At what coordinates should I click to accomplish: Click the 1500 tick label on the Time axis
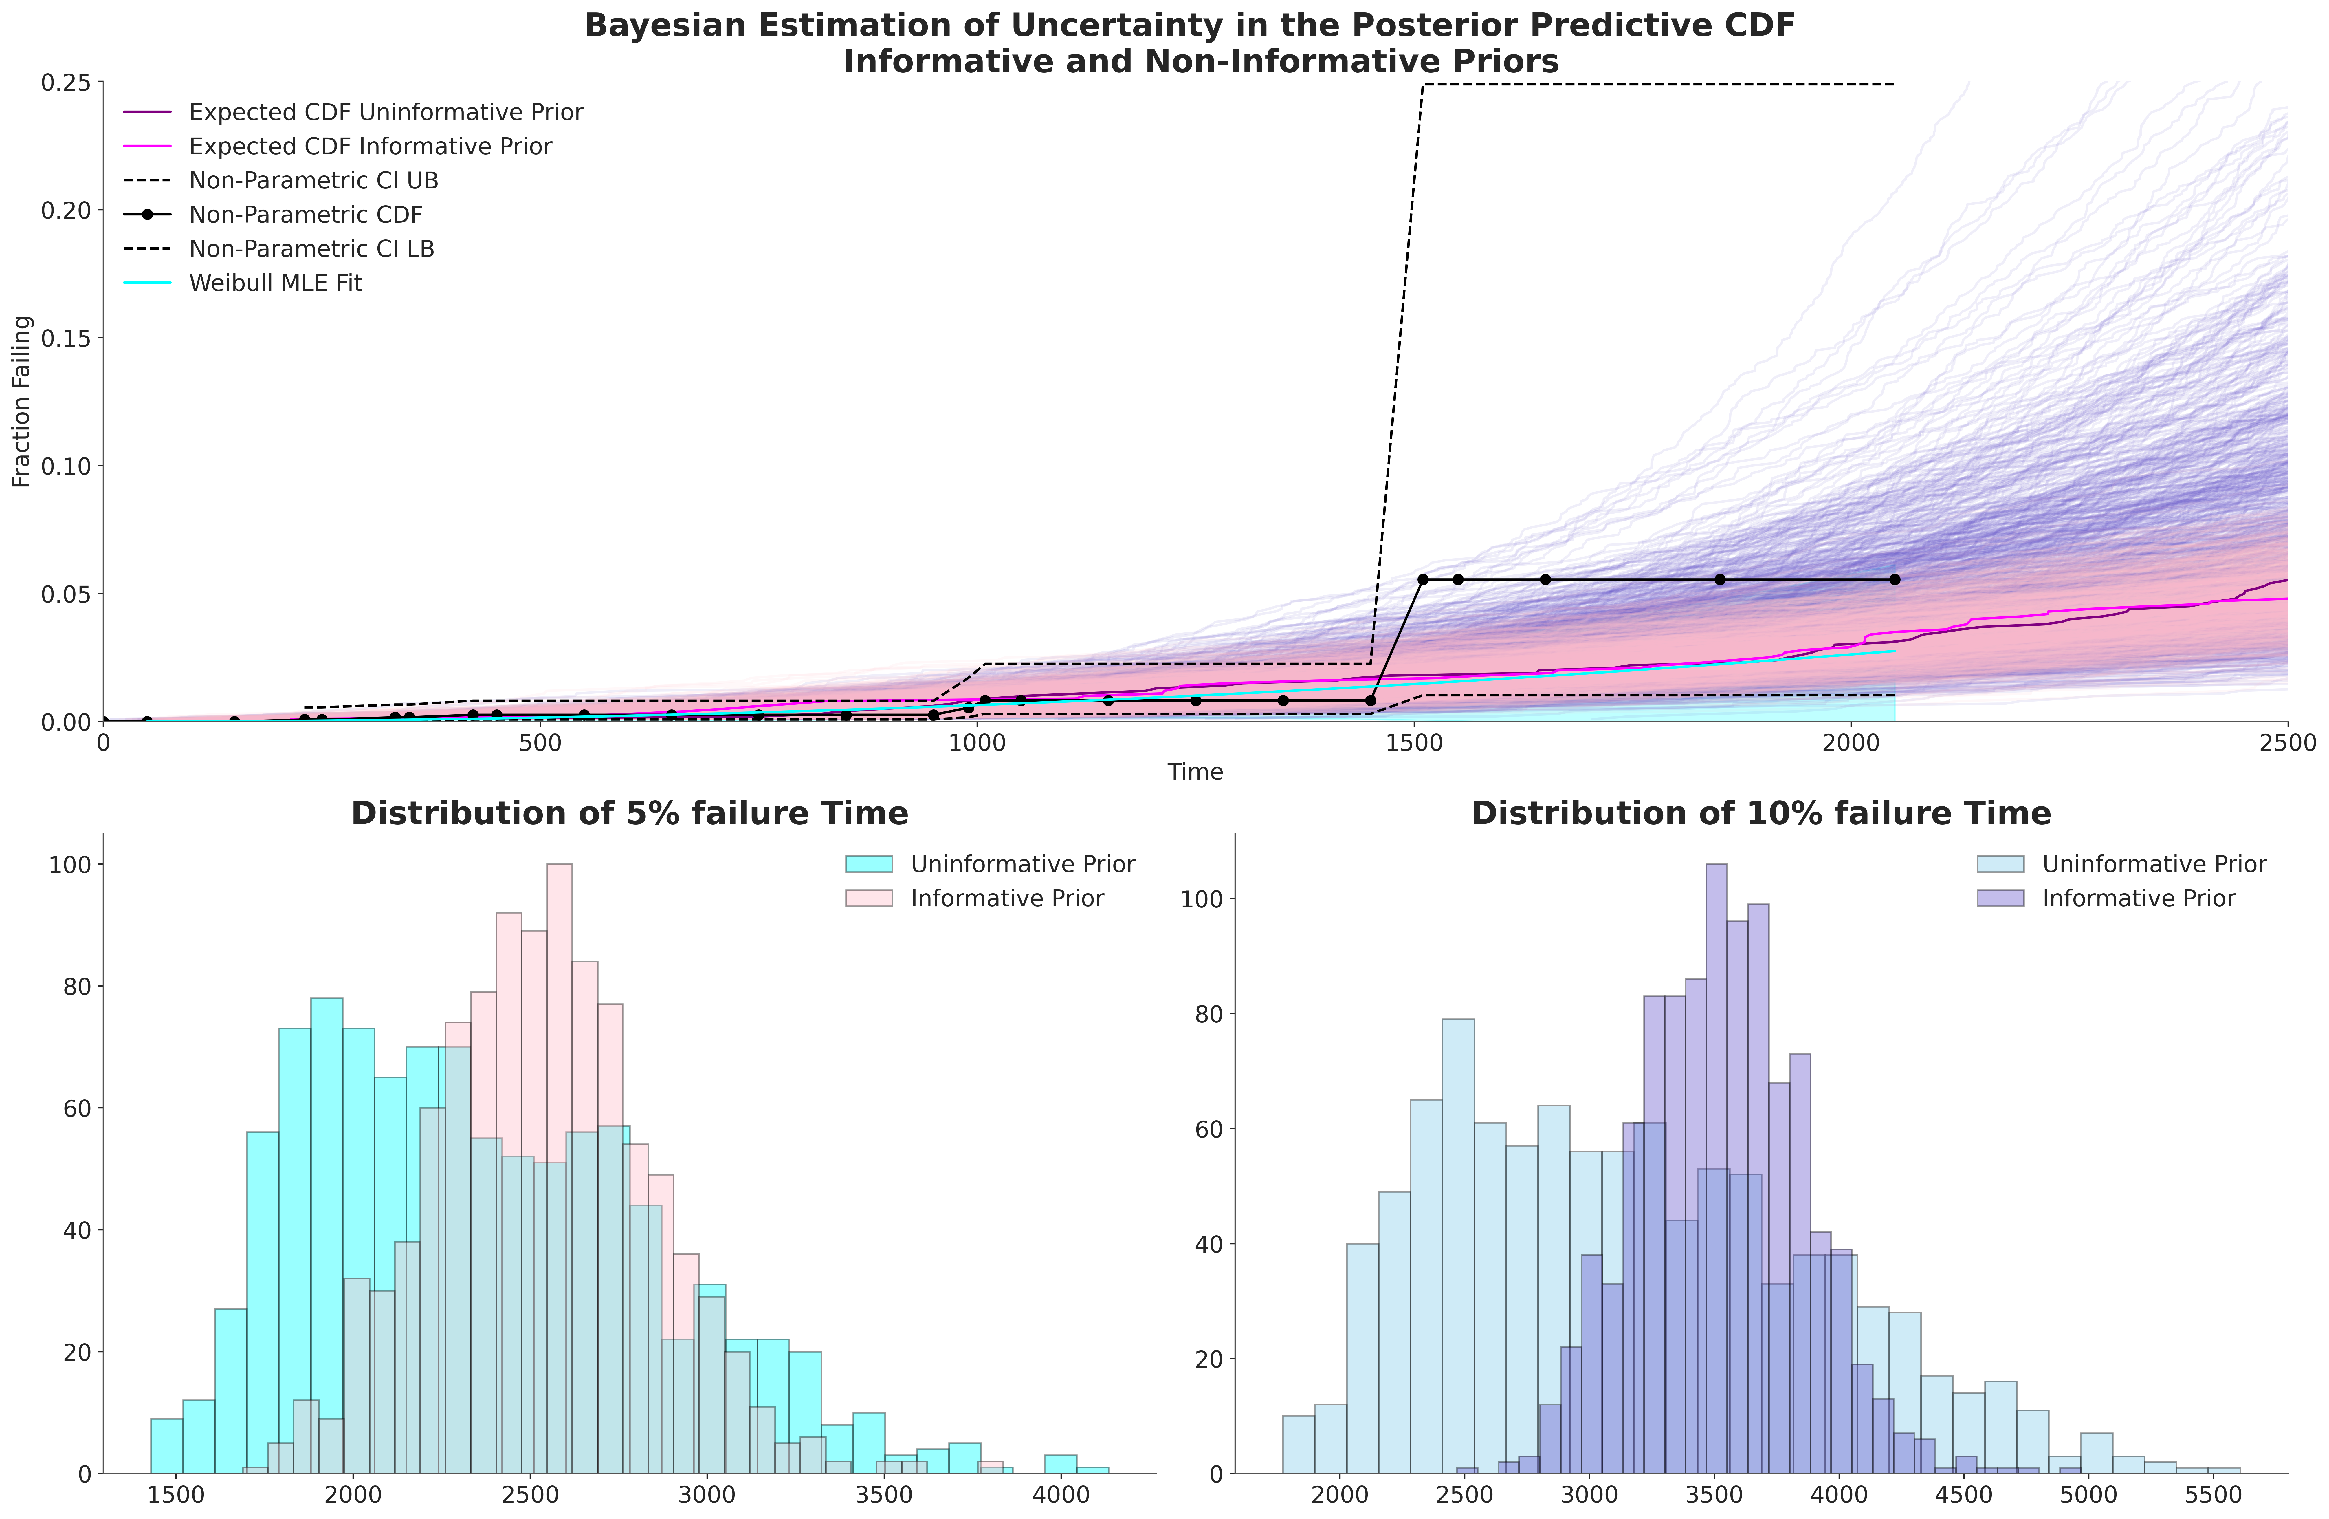click(1415, 744)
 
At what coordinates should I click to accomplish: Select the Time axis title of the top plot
click(1195, 772)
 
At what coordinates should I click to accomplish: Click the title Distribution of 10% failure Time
click(1761, 814)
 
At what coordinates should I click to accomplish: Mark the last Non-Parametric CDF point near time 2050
click(1895, 579)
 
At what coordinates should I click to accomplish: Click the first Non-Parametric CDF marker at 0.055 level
click(1423, 579)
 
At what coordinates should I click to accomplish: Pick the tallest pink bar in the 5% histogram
click(560, 1169)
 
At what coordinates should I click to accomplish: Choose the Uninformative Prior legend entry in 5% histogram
click(990, 864)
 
